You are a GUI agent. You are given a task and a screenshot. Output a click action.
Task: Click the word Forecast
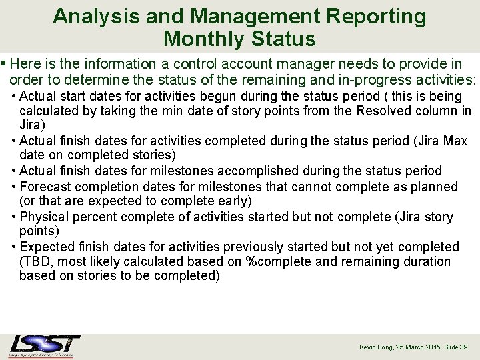tap(49, 187)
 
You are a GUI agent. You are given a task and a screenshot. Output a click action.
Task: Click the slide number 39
tap(464, 347)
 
